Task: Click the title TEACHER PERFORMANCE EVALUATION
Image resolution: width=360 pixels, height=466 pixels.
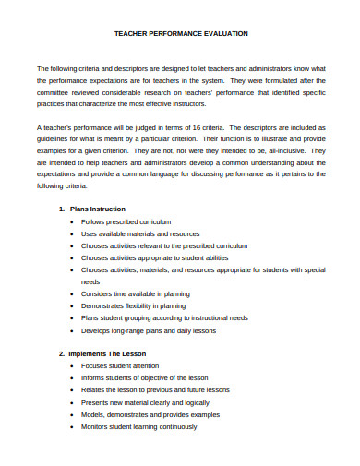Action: point(180,33)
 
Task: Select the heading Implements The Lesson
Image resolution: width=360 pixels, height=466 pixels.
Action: point(108,353)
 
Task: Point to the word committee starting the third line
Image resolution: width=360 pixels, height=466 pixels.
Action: point(55,92)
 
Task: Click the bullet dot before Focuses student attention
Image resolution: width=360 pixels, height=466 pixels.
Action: point(71,366)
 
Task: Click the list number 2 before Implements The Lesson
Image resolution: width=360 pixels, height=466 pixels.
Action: point(61,353)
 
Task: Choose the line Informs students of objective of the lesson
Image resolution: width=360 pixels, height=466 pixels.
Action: point(144,378)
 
